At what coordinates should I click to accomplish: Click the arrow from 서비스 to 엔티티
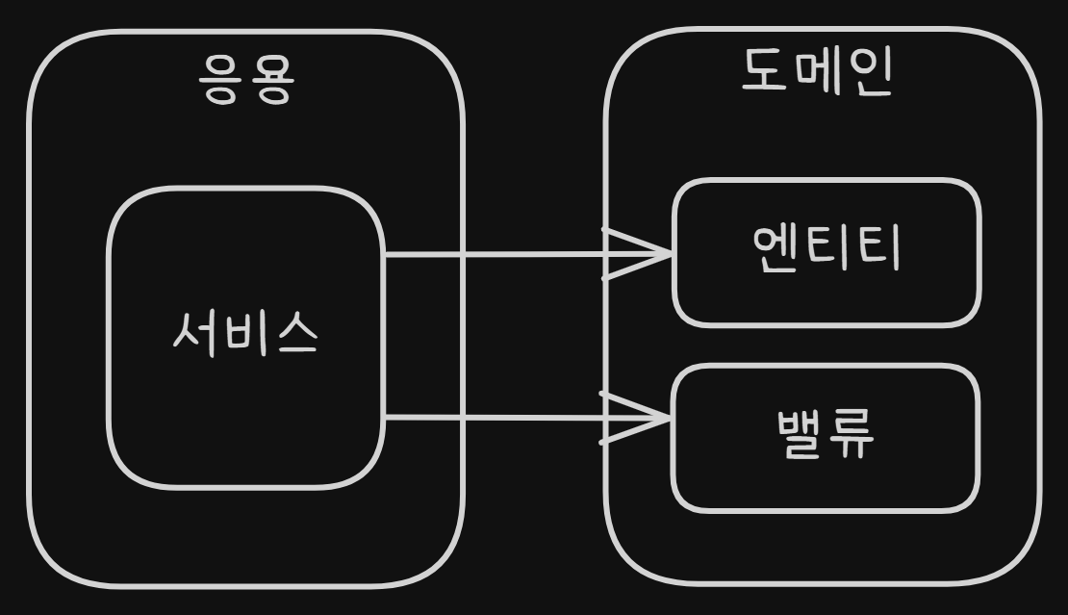click(x=520, y=255)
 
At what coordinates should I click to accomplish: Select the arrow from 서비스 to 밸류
click(x=520, y=418)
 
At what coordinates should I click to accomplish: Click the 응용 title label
click(x=245, y=82)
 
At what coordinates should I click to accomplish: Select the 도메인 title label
click(x=819, y=72)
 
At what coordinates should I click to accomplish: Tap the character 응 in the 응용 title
click(x=221, y=82)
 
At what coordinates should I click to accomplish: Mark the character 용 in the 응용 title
click(x=269, y=82)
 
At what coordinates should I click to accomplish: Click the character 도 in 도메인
click(x=766, y=72)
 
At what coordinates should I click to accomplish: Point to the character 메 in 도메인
click(x=818, y=72)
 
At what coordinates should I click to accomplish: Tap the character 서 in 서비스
click(x=195, y=334)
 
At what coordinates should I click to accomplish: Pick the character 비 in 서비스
click(x=244, y=334)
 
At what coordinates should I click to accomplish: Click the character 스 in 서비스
click(x=294, y=334)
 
